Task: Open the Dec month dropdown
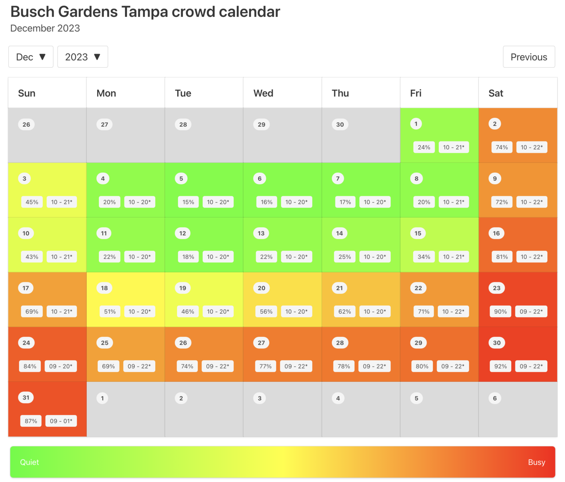[31, 57]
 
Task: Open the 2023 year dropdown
[82, 57]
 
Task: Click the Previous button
[529, 57]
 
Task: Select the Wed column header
[263, 93]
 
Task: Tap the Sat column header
[495, 93]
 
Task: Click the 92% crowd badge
[500, 366]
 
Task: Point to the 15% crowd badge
[188, 202]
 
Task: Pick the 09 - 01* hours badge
[61, 421]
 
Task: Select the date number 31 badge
[26, 398]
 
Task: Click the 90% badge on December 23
[500, 312]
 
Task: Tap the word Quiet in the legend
[29, 462]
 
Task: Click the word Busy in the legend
[536, 462]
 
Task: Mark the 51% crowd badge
[110, 312]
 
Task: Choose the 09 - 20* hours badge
[61, 366]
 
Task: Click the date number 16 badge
[496, 233]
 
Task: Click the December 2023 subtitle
[45, 28]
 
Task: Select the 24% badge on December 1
[424, 147]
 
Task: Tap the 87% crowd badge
[31, 421]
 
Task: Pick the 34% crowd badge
[424, 257]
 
